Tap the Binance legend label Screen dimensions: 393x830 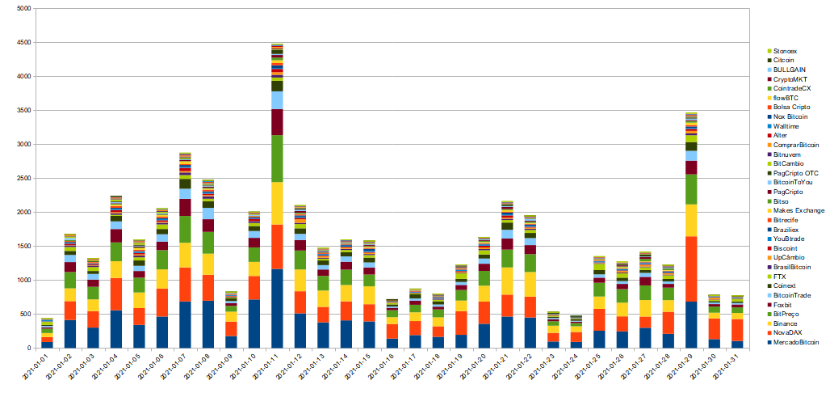pos(788,323)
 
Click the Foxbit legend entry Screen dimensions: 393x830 pos(786,305)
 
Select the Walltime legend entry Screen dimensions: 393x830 pos(788,126)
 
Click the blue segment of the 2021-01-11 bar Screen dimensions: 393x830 pos(277,308)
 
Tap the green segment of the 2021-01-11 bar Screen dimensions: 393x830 pos(277,158)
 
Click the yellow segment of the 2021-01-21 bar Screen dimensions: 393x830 pos(507,281)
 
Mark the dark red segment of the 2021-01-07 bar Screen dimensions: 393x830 pos(185,207)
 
